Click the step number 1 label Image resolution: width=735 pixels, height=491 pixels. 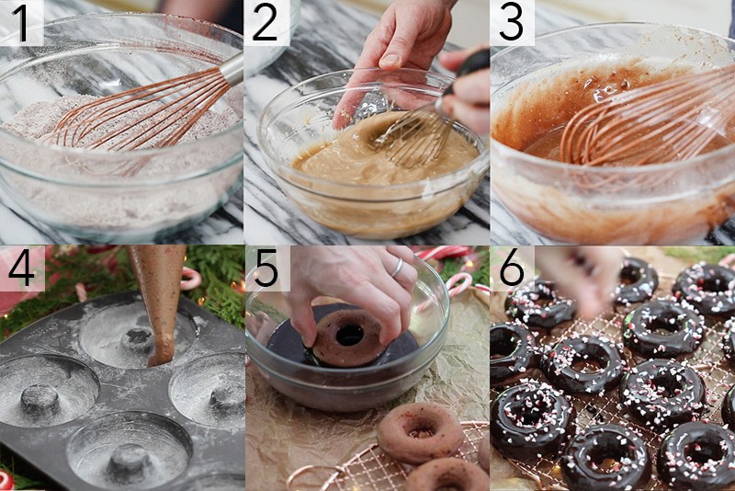pyautogui.click(x=20, y=23)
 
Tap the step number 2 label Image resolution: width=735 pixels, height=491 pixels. pyautogui.click(x=266, y=23)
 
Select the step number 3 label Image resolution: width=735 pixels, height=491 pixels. pyautogui.click(x=512, y=23)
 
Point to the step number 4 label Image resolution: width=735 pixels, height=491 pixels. pyautogui.click(x=20, y=268)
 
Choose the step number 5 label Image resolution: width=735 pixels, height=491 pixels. pyautogui.click(x=266, y=268)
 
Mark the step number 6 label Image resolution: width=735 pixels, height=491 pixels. pyautogui.click(x=512, y=268)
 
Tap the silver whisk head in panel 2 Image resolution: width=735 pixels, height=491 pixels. pyautogui.click(x=413, y=133)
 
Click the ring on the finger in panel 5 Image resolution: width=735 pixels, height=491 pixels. pyautogui.click(x=397, y=268)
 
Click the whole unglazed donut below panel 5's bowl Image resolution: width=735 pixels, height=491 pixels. pyautogui.click(x=421, y=430)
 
